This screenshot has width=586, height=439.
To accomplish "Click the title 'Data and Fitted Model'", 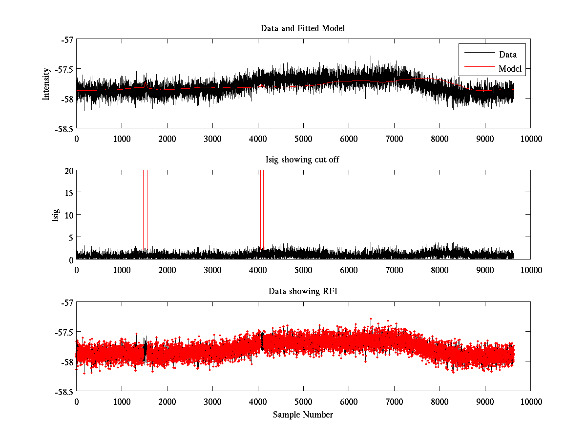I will pos(303,28).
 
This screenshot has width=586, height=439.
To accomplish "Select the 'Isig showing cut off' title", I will pos(303,160).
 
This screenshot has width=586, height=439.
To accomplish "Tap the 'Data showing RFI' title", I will pos(303,291).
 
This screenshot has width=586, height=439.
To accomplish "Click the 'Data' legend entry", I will pos(507,54).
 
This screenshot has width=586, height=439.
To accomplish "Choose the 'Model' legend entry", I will pos(510,69).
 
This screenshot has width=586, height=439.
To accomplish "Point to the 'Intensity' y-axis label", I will pos(46,83).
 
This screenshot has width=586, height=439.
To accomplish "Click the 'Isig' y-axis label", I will pos(56,215).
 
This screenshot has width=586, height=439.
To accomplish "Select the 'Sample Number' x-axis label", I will pos(303,415).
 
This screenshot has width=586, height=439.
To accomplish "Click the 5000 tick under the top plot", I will pos(303,139).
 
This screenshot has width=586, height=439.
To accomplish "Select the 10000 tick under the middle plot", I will pos(530,270).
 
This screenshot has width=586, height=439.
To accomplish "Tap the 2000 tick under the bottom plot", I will pos(167,401).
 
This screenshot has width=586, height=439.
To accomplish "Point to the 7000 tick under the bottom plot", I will pos(394,401).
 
